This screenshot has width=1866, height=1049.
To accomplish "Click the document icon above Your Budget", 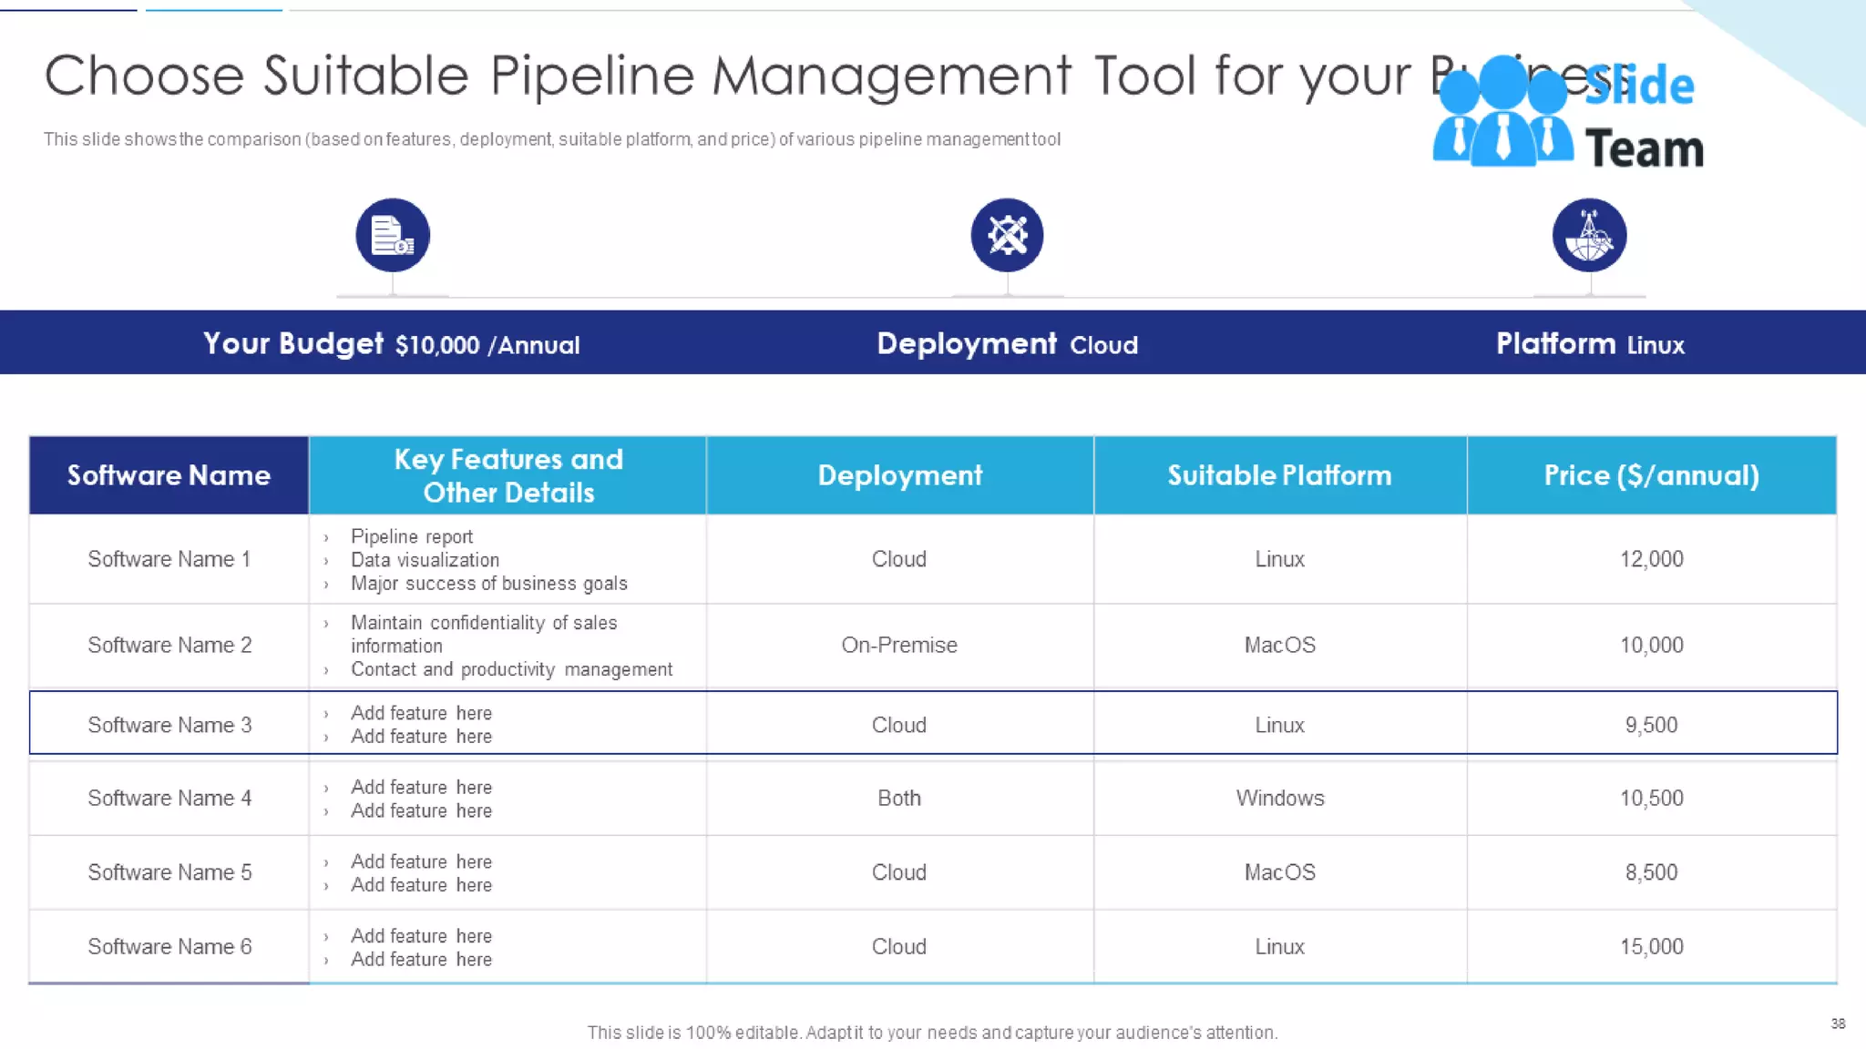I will pyautogui.click(x=393, y=235).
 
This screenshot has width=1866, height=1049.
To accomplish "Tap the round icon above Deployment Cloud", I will pyautogui.click(x=1007, y=235).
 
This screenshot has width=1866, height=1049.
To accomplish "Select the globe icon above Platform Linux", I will pyautogui.click(x=1589, y=235).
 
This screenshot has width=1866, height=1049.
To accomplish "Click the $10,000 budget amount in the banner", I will pyautogui.click(x=437, y=345).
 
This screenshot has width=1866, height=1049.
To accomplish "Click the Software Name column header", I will pyautogui.click(x=169, y=475).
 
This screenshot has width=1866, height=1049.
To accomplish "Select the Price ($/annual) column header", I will pyautogui.click(x=1651, y=475).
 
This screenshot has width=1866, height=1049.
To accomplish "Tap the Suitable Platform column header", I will pyautogui.click(x=1279, y=475).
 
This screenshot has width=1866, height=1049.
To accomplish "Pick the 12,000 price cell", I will pyautogui.click(x=1651, y=559).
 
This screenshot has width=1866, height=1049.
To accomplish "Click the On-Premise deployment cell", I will pyautogui.click(x=899, y=645).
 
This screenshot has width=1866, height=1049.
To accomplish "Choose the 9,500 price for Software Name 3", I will pyautogui.click(x=1651, y=725).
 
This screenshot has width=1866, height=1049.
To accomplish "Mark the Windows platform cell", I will pyautogui.click(x=1279, y=798).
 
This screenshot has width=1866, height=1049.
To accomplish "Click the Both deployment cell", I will pyautogui.click(x=899, y=798).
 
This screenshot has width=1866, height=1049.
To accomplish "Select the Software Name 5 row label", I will pyautogui.click(x=169, y=872).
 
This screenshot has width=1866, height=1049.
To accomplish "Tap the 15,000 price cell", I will pyautogui.click(x=1651, y=947).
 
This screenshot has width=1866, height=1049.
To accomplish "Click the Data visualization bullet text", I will pyautogui.click(x=425, y=560).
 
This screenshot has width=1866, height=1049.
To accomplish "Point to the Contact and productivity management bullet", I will pyautogui.click(x=511, y=669).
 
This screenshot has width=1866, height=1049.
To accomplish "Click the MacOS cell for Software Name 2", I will pyautogui.click(x=1279, y=645).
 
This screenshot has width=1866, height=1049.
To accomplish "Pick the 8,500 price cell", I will pyautogui.click(x=1651, y=872).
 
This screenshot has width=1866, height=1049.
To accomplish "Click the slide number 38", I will pyautogui.click(x=1838, y=1024).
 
